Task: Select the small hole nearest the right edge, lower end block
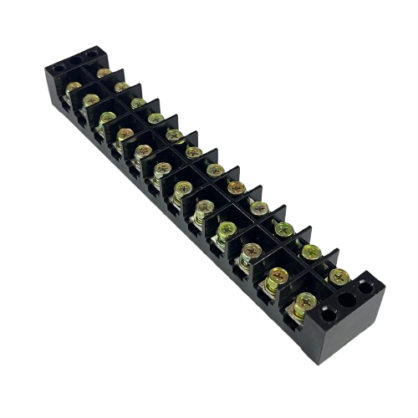[365, 286]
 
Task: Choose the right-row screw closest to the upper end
[103, 73]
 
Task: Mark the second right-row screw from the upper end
[121, 87]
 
